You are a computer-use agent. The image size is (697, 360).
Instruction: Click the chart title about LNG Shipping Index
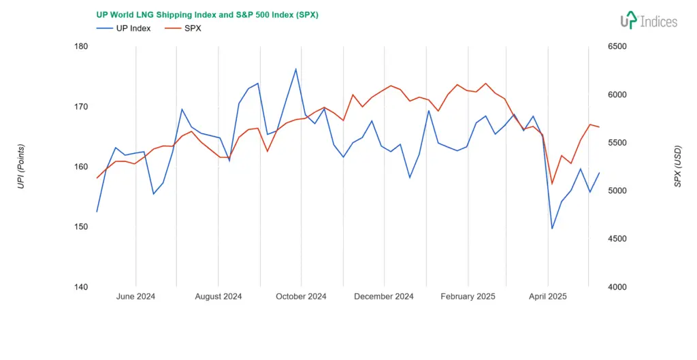click(x=207, y=15)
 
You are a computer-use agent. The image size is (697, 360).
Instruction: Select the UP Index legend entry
click(x=124, y=29)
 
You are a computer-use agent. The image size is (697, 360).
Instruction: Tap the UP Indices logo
click(x=648, y=20)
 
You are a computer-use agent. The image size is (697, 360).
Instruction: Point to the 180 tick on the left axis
click(x=80, y=46)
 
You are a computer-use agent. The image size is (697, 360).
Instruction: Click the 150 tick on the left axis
click(x=80, y=227)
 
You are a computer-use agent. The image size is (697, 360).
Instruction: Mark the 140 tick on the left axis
click(x=80, y=287)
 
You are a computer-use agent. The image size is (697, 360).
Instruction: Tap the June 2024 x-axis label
click(x=136, y=297)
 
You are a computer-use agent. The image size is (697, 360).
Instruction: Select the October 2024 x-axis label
click(x=301, y=297)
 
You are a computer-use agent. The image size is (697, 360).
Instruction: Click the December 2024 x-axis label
click(x=385, y=297)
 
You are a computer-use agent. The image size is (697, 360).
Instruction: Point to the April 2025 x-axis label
click(x=548, y=297)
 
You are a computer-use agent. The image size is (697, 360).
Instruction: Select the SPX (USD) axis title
click(x=677, y=166)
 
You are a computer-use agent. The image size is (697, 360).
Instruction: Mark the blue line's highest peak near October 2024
click(x=295, y=69)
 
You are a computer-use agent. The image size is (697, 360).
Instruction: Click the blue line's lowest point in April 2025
click(x=552, y=229)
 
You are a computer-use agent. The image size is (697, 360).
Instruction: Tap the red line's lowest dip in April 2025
click(x=552, y=184)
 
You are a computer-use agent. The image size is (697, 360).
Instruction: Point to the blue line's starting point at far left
click(x=97, y=212)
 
